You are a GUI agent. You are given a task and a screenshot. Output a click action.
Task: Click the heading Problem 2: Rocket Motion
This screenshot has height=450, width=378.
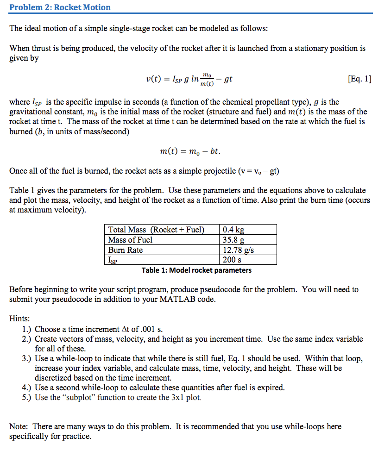click(60, 7)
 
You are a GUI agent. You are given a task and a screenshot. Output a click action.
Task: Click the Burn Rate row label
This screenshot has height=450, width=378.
click(126, 250)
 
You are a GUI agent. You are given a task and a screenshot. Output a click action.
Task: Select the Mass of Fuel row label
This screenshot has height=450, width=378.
click(130, 240)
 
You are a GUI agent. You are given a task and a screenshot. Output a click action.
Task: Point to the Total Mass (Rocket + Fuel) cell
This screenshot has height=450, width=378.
click(156, 230)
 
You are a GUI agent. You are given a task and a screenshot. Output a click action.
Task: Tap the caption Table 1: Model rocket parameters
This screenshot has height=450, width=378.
click(196, 270)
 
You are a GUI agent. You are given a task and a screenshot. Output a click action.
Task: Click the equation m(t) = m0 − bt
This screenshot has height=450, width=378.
click(190, 151)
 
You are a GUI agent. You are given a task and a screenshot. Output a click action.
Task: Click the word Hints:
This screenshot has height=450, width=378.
click(19, 319)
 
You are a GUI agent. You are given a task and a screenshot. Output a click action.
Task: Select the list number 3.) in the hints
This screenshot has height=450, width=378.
click(26, 359)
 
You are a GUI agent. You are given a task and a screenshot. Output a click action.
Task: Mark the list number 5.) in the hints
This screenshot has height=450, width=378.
click(26, 398)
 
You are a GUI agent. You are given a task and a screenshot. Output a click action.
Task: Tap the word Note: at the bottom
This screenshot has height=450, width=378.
click(19, 427)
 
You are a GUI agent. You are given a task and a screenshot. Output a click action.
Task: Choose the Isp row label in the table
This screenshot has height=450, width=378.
click(113, 260)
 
